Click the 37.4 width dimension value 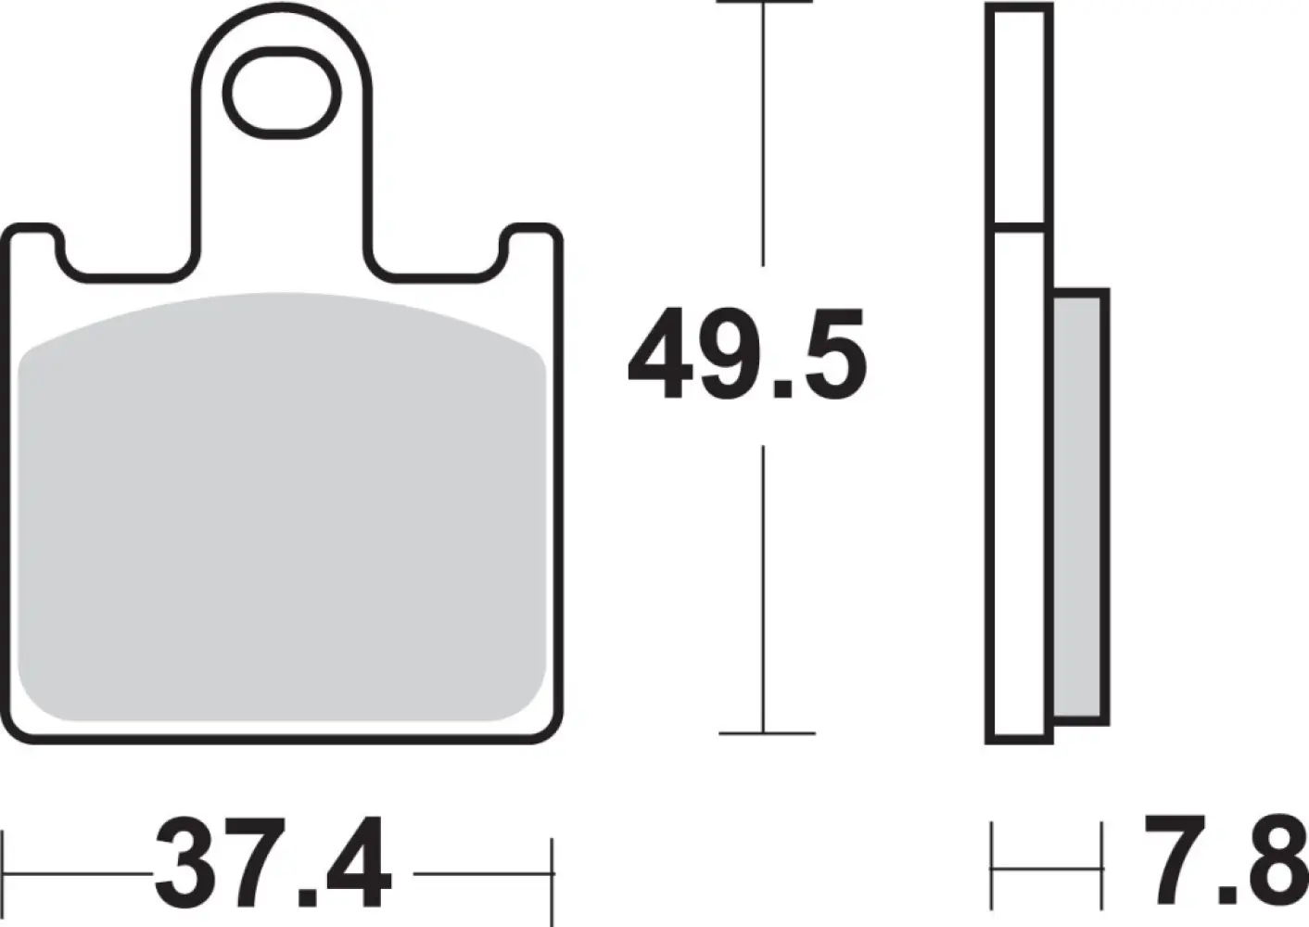273,863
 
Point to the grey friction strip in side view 1080,506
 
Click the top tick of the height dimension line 764,3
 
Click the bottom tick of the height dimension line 766,733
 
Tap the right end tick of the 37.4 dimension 553,871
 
